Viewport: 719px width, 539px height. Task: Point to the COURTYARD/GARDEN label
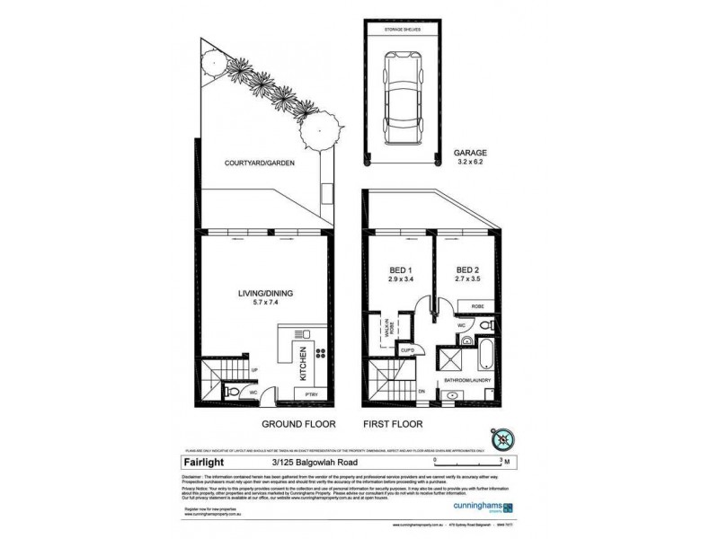[x=255, y=164]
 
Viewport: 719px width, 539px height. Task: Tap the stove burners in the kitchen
[x=320, y=352]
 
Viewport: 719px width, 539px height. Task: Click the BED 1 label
[x=397, y=272]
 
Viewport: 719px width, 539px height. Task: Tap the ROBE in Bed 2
[x=476, y=306]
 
